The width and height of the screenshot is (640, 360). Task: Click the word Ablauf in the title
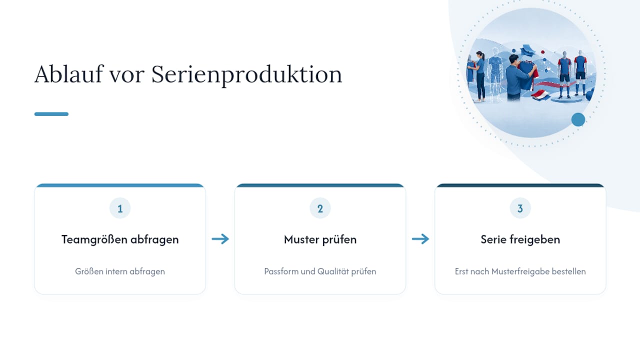[68, 74]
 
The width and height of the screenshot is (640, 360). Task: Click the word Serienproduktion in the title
[246, 75]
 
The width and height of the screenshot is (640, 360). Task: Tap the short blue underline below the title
[51, 114]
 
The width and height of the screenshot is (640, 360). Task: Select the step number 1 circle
[120, 208]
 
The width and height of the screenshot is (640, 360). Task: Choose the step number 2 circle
[320, 208]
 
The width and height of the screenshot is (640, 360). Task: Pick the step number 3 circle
[520, 208]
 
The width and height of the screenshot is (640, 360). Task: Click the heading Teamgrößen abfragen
[120, 239]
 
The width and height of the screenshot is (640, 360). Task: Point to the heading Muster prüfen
[320, 239]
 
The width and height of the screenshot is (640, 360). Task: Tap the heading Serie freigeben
[520, 239]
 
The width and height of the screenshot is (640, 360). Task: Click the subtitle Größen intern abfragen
[120, 271]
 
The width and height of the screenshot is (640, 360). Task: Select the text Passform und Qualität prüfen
[320, 271]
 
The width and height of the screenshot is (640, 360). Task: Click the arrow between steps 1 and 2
[220, 239]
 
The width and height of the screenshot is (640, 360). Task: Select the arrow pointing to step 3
[420, 239]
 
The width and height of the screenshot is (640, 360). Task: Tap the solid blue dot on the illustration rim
[578, 119]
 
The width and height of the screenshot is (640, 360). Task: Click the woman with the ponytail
[480, 76]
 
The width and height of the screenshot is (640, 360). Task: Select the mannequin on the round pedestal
[564, 75]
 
